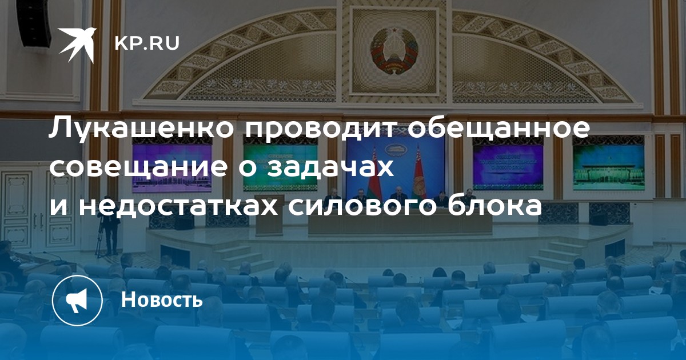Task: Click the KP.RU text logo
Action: [147, 43]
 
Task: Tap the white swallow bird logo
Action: [77, 45]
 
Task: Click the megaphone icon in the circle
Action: [77, 301]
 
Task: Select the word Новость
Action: [162, 299]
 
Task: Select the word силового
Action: [367, 206]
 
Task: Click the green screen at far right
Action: [609, 167]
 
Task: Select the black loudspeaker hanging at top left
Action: [34, 23]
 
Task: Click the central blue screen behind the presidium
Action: [395, 167]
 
